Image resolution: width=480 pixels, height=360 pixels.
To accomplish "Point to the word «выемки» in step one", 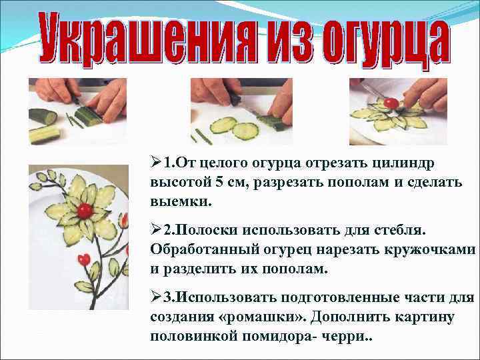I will pos(175,201).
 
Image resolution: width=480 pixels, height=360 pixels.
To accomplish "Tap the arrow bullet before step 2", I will pos(156,230).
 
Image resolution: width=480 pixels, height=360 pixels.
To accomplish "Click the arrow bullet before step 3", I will pos(156,295).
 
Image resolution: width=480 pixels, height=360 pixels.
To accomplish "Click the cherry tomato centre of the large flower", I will pos(84,211).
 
